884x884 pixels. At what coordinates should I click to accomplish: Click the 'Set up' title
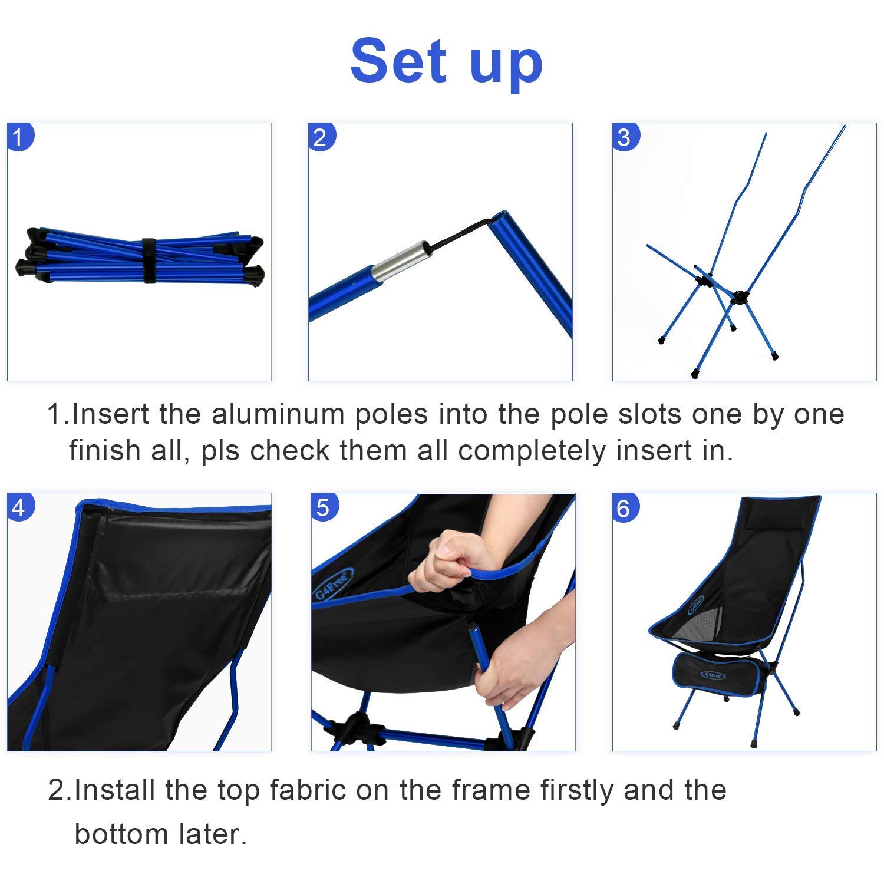446,62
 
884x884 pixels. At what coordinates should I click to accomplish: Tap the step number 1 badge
19,137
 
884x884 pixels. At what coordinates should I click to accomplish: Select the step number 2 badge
321,137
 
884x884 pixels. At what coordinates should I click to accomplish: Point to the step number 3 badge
625,137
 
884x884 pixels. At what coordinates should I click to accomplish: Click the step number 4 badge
20,507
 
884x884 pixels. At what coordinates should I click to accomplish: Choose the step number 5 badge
324,507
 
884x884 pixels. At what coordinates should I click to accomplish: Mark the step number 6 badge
625,507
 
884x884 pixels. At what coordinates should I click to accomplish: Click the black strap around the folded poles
149,260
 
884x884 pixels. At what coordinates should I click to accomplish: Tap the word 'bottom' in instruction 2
112,834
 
